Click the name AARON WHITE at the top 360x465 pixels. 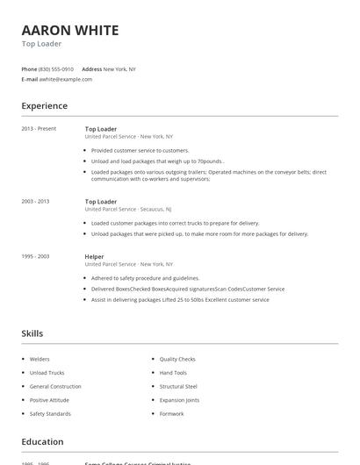70,31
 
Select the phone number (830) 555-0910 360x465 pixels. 55,68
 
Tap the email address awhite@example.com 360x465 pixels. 66,79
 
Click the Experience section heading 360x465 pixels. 44,106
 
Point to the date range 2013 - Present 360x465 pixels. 39,129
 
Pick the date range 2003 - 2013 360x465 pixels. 35,202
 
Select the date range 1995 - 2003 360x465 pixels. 35,256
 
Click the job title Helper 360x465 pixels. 94,256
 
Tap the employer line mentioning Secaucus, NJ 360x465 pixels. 128,210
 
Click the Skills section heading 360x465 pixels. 32,333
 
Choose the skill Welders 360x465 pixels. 40,359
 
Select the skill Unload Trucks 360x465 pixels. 47,373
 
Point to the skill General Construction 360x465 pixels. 55,386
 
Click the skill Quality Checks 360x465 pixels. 177,359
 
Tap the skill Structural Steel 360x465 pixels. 178,386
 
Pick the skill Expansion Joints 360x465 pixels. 179,400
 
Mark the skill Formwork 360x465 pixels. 172,413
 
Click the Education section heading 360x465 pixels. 42,442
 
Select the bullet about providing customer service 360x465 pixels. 140,150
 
